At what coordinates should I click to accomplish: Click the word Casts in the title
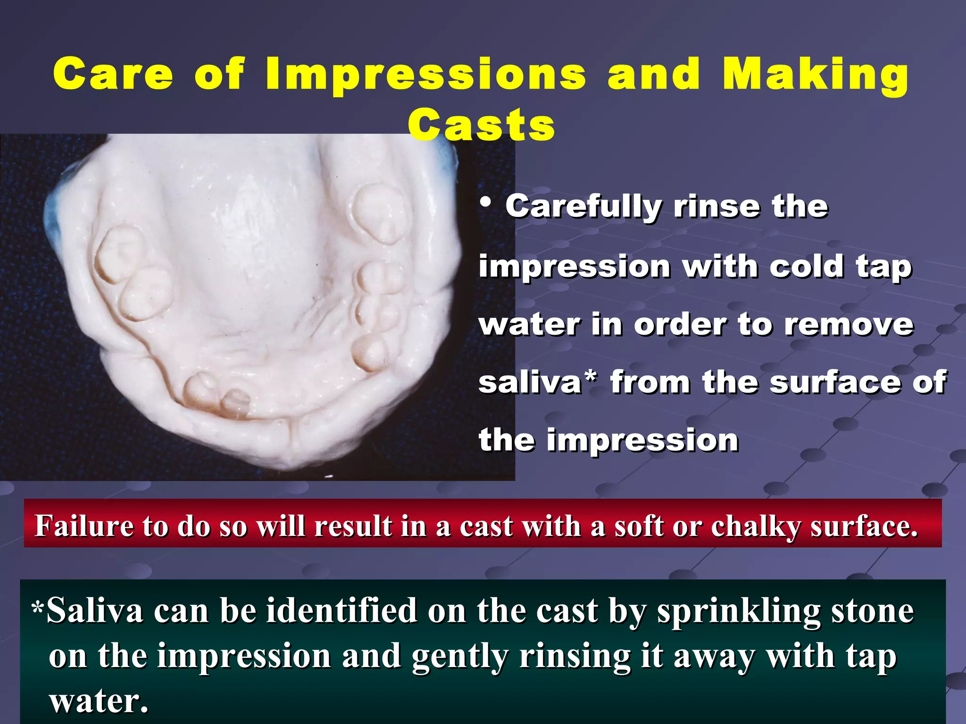(x=481, y=125)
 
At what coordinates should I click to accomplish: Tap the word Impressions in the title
(x=426, y=74)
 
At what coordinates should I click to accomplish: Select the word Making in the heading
(x=815, y=74)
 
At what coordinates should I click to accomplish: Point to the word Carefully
(x=584, y=207)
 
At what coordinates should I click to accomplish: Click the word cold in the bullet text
(x=806, y=267)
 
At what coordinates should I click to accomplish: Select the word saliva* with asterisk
(x=538, y=382)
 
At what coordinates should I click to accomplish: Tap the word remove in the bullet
(x=849, y=325)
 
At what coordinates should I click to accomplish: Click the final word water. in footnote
(x=99, y=701)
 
